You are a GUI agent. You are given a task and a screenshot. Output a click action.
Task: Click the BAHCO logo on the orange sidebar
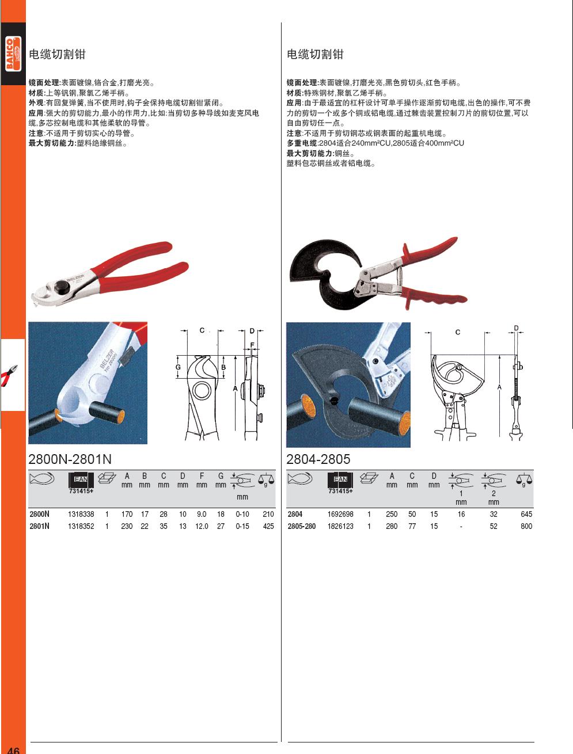click(13, 54)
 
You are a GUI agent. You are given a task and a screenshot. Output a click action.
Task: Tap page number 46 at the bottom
click(13, 749)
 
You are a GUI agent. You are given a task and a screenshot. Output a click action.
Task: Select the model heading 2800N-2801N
click(70, 459)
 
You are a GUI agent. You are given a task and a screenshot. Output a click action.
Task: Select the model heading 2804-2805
click(318, 459)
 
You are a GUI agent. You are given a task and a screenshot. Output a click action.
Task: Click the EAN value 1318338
click(81, 514)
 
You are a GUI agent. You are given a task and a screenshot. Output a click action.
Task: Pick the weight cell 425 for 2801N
click(268, 526)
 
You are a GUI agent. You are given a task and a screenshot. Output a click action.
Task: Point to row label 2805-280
click(301, 526)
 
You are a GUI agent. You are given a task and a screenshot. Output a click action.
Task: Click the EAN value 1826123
click(340, 526)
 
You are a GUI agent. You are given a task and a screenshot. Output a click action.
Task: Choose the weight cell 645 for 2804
click(526, 514)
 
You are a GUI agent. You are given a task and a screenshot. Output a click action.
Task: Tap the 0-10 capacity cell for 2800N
click(242, 514)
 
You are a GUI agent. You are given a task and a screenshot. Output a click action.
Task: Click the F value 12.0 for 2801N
click(202, 526)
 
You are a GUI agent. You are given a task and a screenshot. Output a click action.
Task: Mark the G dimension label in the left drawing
click(178, 367)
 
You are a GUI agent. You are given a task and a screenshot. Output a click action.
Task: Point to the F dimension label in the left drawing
click(252, 345)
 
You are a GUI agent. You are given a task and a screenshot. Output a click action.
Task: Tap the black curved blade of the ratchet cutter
click(320, 271)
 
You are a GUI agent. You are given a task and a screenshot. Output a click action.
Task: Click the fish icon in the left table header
click(42, 478)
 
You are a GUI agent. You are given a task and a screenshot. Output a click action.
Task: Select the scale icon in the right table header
click(524, 479)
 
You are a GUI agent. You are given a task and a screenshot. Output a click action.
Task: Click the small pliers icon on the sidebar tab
click(9, 375)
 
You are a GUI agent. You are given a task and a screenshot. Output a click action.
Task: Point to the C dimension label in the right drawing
click(458, 332)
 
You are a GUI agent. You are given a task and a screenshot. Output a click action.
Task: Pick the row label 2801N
click(39, 526)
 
